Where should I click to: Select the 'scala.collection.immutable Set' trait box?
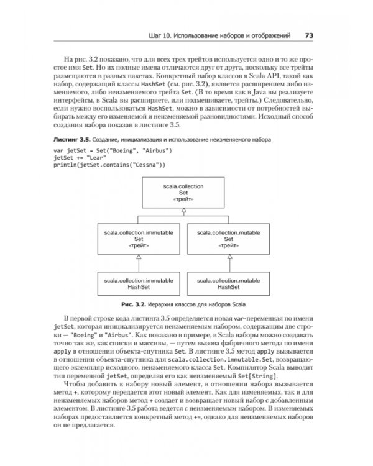point(139,237)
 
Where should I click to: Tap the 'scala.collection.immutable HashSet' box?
point(139,282)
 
